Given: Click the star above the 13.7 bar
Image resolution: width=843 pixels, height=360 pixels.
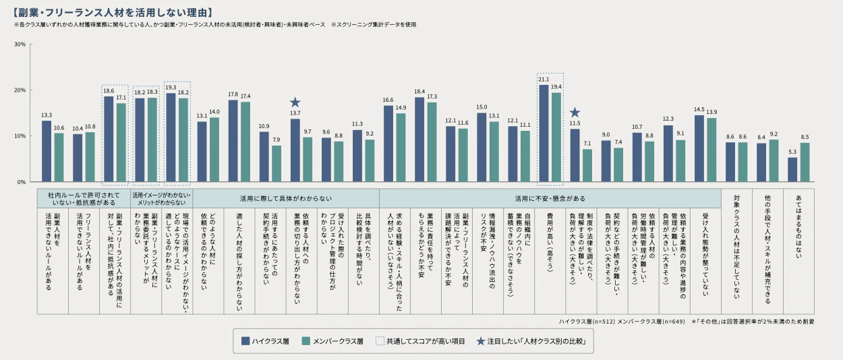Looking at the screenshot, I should (295, 102).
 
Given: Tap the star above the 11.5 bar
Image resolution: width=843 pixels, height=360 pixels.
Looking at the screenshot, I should (575, 113).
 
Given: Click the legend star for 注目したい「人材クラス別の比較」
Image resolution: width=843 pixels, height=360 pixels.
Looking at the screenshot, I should (480, 342).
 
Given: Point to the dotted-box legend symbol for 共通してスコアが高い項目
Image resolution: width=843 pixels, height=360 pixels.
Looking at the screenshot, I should (380, 342).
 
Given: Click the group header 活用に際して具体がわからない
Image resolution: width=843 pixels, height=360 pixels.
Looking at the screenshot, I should (286, 199).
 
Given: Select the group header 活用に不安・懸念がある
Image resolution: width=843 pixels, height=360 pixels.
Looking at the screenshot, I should (550, 199).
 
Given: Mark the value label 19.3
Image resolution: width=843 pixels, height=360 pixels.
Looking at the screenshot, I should (171, 88).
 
